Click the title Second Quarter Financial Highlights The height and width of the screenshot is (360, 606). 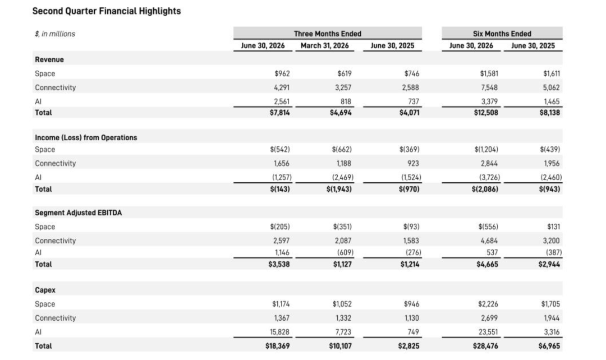[106, 11]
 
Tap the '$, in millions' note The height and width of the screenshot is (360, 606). [55, 34]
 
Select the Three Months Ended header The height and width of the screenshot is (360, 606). [327, 34]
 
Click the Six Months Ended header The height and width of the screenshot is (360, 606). [502, 34]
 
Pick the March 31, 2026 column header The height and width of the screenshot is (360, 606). [325, 45]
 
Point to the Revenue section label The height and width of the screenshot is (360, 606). [49, 59]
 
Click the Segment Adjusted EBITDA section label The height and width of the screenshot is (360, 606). [78, 213]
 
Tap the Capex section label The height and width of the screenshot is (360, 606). [45, 290]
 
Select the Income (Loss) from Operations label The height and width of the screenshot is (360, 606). [86, 137]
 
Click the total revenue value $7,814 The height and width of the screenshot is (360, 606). [279, 113]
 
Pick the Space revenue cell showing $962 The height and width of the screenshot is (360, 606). [282, 73]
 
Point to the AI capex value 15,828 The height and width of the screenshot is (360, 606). [279, 332]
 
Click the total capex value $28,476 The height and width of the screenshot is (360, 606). [485, 346]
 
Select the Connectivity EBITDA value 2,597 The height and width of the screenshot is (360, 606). [281, 241]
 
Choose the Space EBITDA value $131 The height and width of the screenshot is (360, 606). [553, 227]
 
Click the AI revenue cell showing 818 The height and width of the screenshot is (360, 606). [346, 101]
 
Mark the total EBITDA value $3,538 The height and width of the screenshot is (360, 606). [279, 264]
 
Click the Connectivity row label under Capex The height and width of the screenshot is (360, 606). [55, 318]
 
